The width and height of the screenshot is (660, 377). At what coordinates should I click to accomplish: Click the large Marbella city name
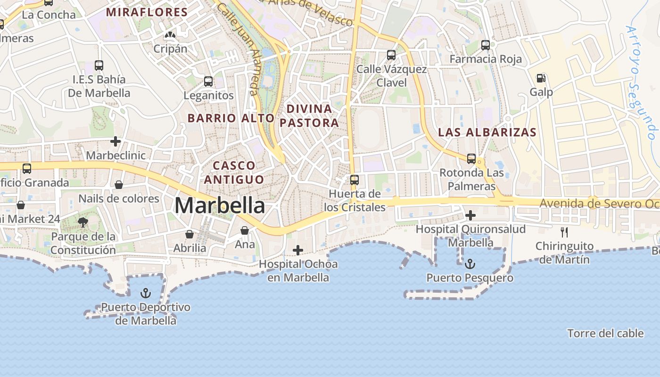tap(220, 206)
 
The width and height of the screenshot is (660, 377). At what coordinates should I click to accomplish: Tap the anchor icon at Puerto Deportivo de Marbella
tap(146, 293)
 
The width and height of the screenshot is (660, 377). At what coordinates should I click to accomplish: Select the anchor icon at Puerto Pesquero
tap(470, 264)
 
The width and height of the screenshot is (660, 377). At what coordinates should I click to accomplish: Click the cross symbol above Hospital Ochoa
tap(298, 250)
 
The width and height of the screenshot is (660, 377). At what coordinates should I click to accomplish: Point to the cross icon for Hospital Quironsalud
tap(470, 215)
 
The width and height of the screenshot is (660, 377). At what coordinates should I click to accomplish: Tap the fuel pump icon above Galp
tap(541, 78)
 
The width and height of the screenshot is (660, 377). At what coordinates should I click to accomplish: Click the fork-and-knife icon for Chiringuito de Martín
tap(564, 232)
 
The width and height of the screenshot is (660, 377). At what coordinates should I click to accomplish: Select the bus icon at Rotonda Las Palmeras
tap(471, 159)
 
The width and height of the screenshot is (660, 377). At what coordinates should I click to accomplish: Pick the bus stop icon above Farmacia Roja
tap(486, 45)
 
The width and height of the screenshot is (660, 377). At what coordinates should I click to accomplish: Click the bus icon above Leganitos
tap(208, 82)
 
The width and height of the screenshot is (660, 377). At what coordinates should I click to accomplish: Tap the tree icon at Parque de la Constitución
tap(83, 222)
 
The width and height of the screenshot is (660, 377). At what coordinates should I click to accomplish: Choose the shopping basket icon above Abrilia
tap(190, 234)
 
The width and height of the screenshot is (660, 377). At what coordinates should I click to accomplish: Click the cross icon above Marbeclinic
tap(115, 141)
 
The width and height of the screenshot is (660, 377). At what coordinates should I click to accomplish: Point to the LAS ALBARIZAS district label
tap(487, 132)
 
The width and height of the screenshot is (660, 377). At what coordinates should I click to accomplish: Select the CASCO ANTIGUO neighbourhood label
tap(234, 172)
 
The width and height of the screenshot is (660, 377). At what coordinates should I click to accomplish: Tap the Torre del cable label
tap(605, 334)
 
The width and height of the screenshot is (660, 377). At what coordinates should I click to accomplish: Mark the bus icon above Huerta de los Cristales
tap(355, 180)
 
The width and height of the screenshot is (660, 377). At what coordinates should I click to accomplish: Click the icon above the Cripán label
tap(170, 35)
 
